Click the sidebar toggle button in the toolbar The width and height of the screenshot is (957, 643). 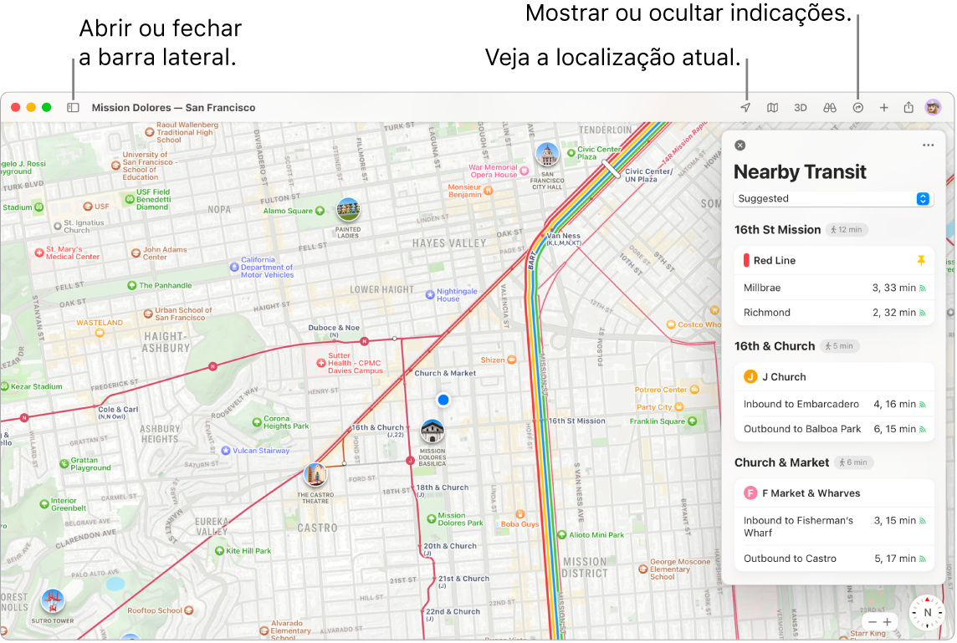point(73,108)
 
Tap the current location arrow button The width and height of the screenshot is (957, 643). point(745,108)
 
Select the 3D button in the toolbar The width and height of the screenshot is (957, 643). point(801,108)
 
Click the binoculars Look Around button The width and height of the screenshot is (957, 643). point(830,108)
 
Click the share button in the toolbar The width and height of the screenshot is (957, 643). point(908,108)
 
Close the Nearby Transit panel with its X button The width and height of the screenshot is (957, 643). point(739,145)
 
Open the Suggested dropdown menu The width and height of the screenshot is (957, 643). point(833,199)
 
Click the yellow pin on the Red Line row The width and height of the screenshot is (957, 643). point(921,261)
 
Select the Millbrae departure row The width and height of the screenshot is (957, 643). point(833,288)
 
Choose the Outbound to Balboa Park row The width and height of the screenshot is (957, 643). point(833,429)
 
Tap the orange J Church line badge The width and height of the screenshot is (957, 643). point(750,377)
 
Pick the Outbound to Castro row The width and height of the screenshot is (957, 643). point(833,559)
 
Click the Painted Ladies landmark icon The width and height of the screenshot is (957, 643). point(348,210)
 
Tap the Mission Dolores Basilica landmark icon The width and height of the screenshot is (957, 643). point(432,432)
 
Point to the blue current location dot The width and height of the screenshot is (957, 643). point(443,401)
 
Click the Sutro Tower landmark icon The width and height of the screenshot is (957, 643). point(53,600)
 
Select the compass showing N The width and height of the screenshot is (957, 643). point(927,612)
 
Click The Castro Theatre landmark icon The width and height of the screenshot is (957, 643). point(315,476)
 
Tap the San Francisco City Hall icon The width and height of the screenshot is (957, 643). point(547,155)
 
